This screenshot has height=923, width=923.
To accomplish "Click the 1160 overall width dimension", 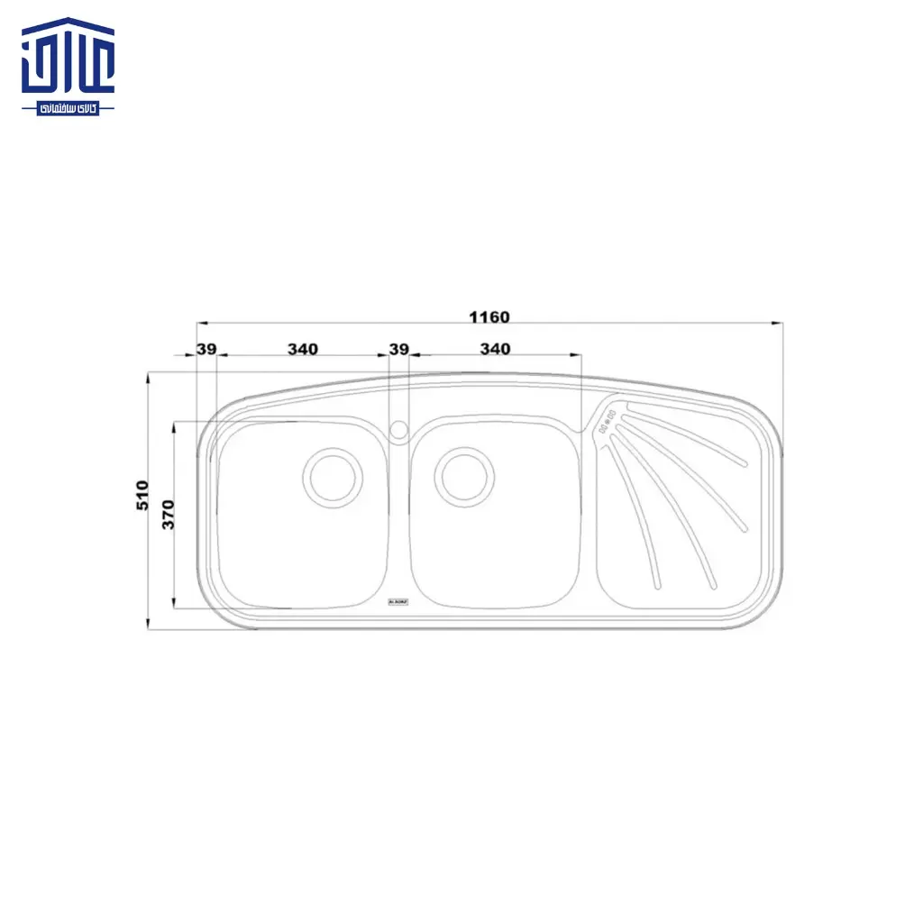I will pos(489,317).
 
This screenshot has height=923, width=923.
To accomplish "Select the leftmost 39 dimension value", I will pos(206,349).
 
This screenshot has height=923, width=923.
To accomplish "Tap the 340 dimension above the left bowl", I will pos(302,349).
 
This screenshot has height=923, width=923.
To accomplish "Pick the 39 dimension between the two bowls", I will pos(398,349).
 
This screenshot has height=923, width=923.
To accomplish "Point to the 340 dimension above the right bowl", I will pos(495,349).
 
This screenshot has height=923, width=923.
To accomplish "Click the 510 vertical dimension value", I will pos(142,496).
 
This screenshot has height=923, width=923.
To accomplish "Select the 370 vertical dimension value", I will pos(168,514).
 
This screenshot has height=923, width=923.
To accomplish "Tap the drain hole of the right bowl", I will pos(464,476).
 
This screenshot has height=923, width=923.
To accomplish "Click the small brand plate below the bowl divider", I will pos(398,599).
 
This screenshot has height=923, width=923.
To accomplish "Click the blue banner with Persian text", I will pos(68,107).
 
